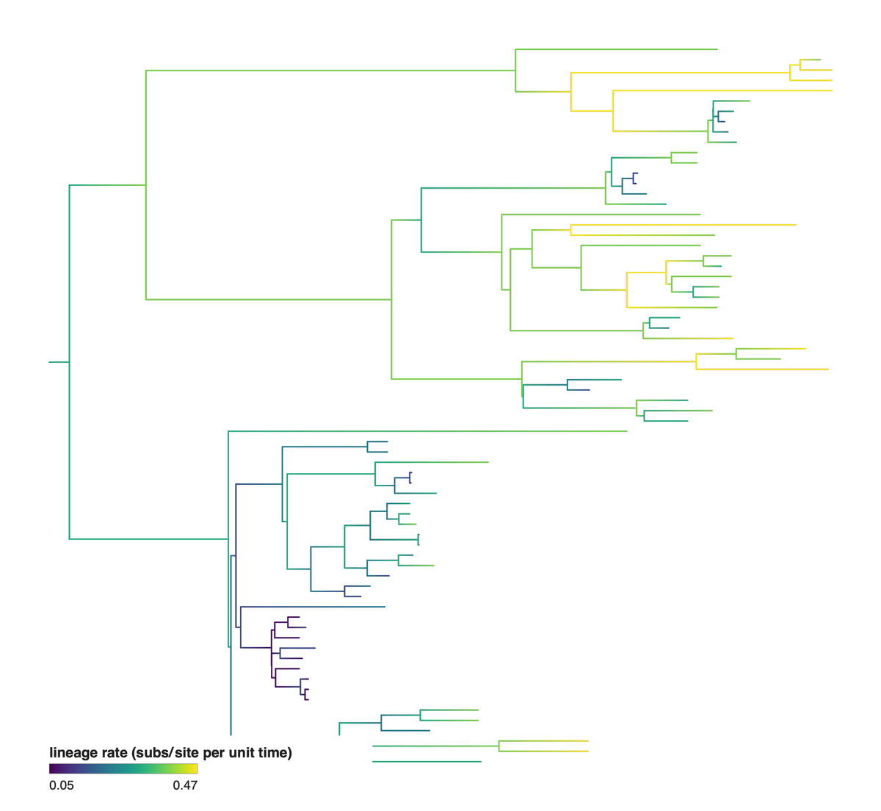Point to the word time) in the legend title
275,752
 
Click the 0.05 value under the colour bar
62,785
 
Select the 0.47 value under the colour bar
185,785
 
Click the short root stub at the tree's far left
59,362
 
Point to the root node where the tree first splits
70,362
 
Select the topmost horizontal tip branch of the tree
616,49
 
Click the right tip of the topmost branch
717,49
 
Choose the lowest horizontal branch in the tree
427,762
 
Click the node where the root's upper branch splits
146,185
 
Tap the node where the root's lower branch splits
228,539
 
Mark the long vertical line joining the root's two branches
70,362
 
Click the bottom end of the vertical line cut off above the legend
231,735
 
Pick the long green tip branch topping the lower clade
428,431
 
